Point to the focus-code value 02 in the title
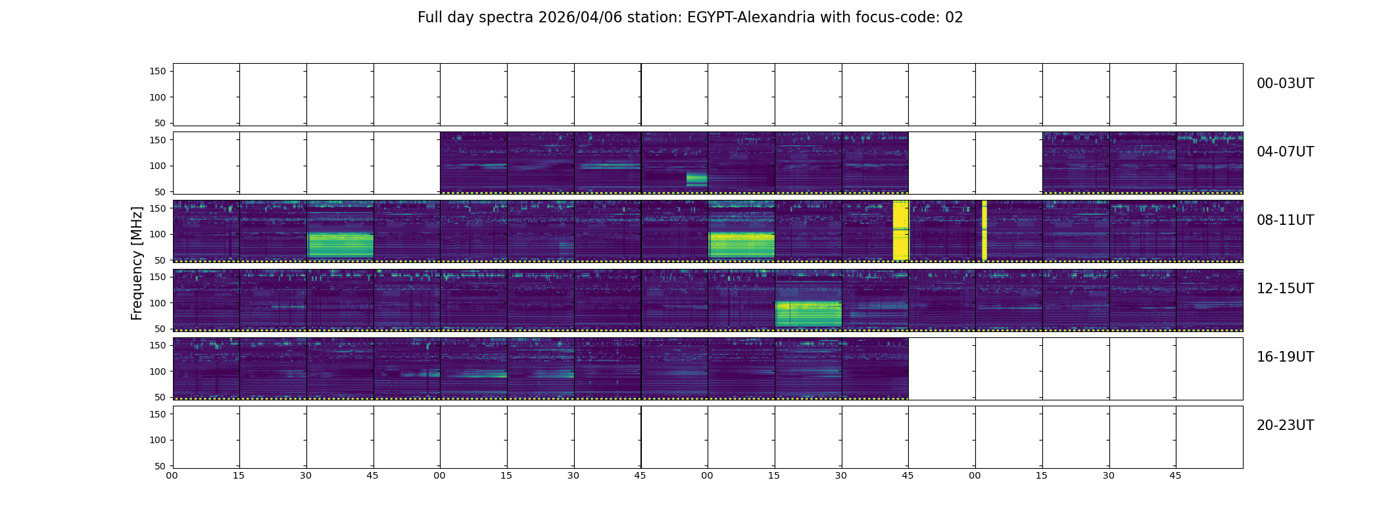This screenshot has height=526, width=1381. tap(954, 18)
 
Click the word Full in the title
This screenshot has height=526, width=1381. tap(430, 18)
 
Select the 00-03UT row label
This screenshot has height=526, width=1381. tap(1285, 84)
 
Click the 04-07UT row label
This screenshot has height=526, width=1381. tap(1285, 152)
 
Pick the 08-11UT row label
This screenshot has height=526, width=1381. tap(1285, 220)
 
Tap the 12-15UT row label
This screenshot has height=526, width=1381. tap(1285, 289)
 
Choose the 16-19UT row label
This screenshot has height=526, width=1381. tap(1285, 357)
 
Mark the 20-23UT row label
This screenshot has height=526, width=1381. tap(1285, 425)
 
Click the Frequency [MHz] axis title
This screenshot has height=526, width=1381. tap(137, 263)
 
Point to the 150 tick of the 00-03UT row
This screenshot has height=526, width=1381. tap(158, 71)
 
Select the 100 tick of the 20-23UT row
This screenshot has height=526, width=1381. tap(158, 440)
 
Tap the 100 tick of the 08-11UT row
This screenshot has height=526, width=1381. tap(158, 234)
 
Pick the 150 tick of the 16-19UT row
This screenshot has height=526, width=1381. tap(158, 345)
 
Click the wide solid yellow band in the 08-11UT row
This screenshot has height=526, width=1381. tap(900, 230)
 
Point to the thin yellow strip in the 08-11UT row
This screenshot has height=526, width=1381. tap(984, 230)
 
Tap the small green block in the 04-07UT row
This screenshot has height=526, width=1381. tap(696, 179)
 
